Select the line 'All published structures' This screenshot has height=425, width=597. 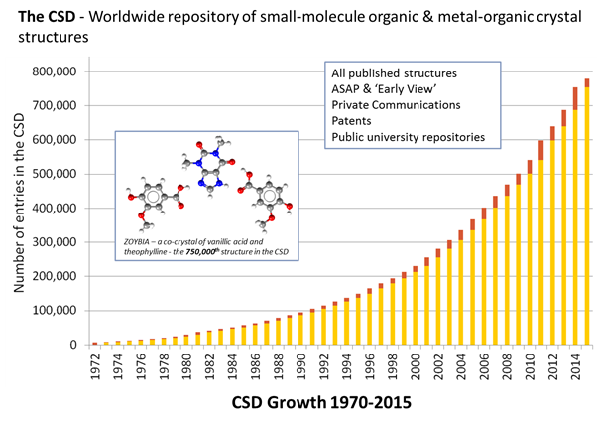pos(395,73)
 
